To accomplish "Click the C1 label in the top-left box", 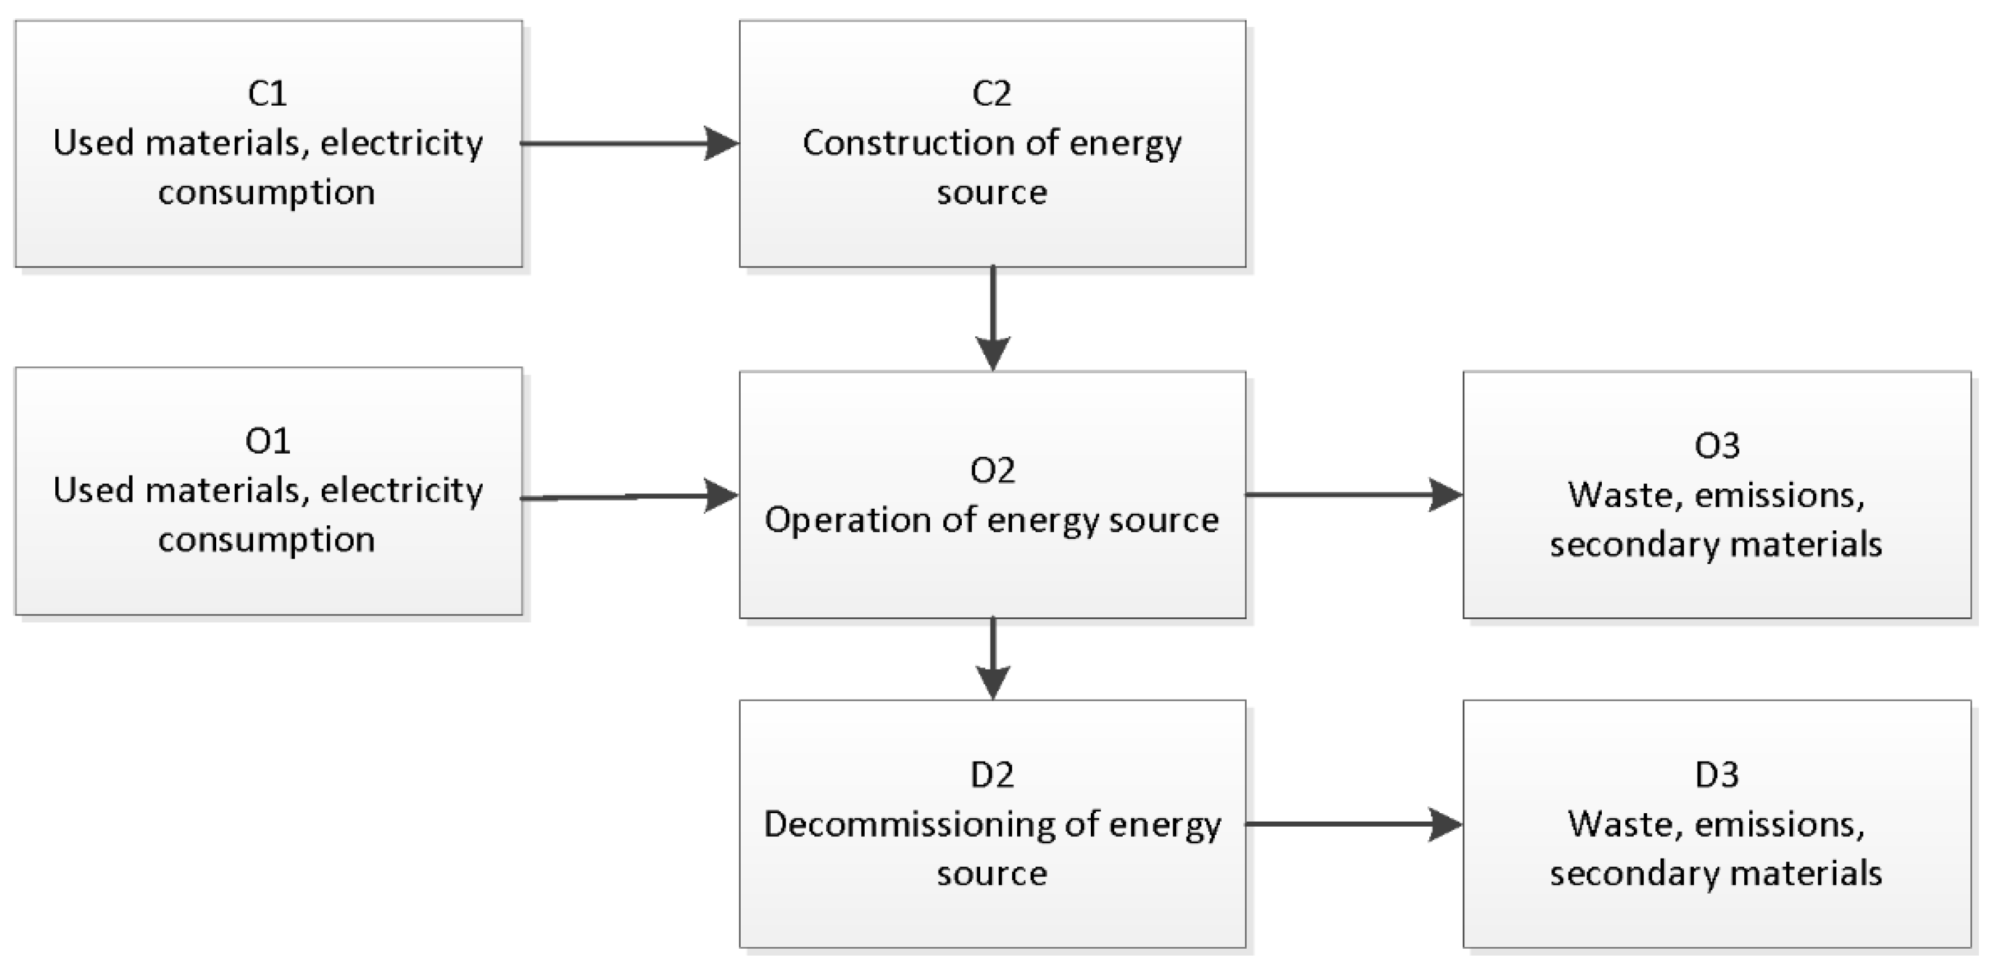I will pos(267,93).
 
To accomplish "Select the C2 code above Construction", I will pos(991,93).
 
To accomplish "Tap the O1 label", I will pos(267,441).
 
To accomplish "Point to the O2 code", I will pos(992,470).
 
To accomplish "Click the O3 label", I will pos(1717,446).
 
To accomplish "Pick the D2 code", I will pos(992,775).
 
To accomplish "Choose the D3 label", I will pos(1717,775).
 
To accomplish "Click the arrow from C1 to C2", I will pos(630,144).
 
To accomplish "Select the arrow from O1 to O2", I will pos(630,497).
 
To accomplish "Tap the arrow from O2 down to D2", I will pos(993,658).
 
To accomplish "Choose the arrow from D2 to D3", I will pos(1354,824).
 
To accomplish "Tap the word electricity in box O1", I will pos(402,490).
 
